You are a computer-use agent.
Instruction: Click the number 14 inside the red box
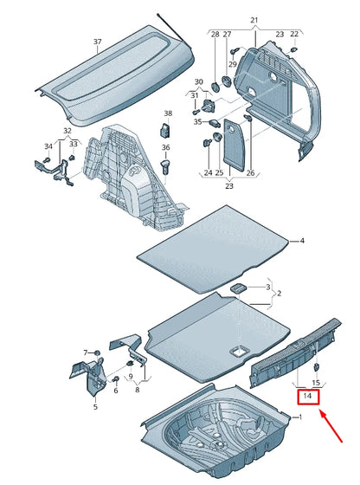(308, 398)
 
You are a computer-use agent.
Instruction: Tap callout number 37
(98, 42)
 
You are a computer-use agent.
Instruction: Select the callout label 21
(254, 19)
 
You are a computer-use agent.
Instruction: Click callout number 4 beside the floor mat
(302, 241)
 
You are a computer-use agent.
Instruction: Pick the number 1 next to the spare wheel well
(299, 418)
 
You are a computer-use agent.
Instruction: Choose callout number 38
(168, 113)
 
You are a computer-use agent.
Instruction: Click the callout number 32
(67, 130)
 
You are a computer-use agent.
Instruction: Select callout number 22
(294, 34)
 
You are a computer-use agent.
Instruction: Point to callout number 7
(86, 352)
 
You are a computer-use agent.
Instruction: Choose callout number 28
(214, 34)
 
